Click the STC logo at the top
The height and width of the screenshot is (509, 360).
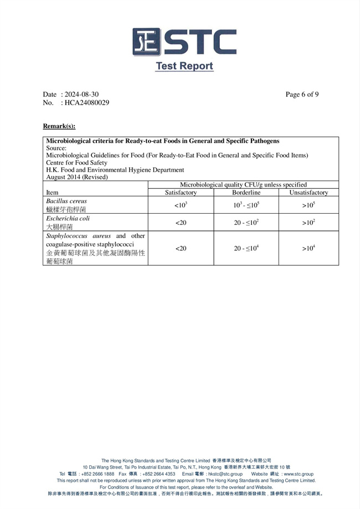click(184, 42)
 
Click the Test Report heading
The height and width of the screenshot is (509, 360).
click(184, 66)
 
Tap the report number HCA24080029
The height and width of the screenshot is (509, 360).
click(86, 103)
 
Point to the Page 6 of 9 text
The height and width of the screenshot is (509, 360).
click(302, 95)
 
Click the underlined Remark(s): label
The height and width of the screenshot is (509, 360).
click(59, 126)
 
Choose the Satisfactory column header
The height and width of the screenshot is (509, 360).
click(181, 193)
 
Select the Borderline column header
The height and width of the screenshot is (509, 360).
click(246, 193)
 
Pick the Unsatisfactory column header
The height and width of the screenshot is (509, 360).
click(308, 193)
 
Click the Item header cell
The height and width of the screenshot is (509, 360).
click(52, 193)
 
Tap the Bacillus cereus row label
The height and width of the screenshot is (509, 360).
click(66, 201)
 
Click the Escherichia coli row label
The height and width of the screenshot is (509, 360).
click(68, 218)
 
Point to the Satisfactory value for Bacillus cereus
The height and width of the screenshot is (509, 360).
click(181, 205)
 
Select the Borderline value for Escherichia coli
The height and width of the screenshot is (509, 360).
click(246, 223)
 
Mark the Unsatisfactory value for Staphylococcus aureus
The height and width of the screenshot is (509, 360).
click(308, 249)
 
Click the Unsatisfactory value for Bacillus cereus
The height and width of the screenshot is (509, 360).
click(308, 205)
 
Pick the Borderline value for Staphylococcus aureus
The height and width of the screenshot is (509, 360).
click(246, 249)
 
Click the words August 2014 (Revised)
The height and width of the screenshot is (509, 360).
click(77, 177)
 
